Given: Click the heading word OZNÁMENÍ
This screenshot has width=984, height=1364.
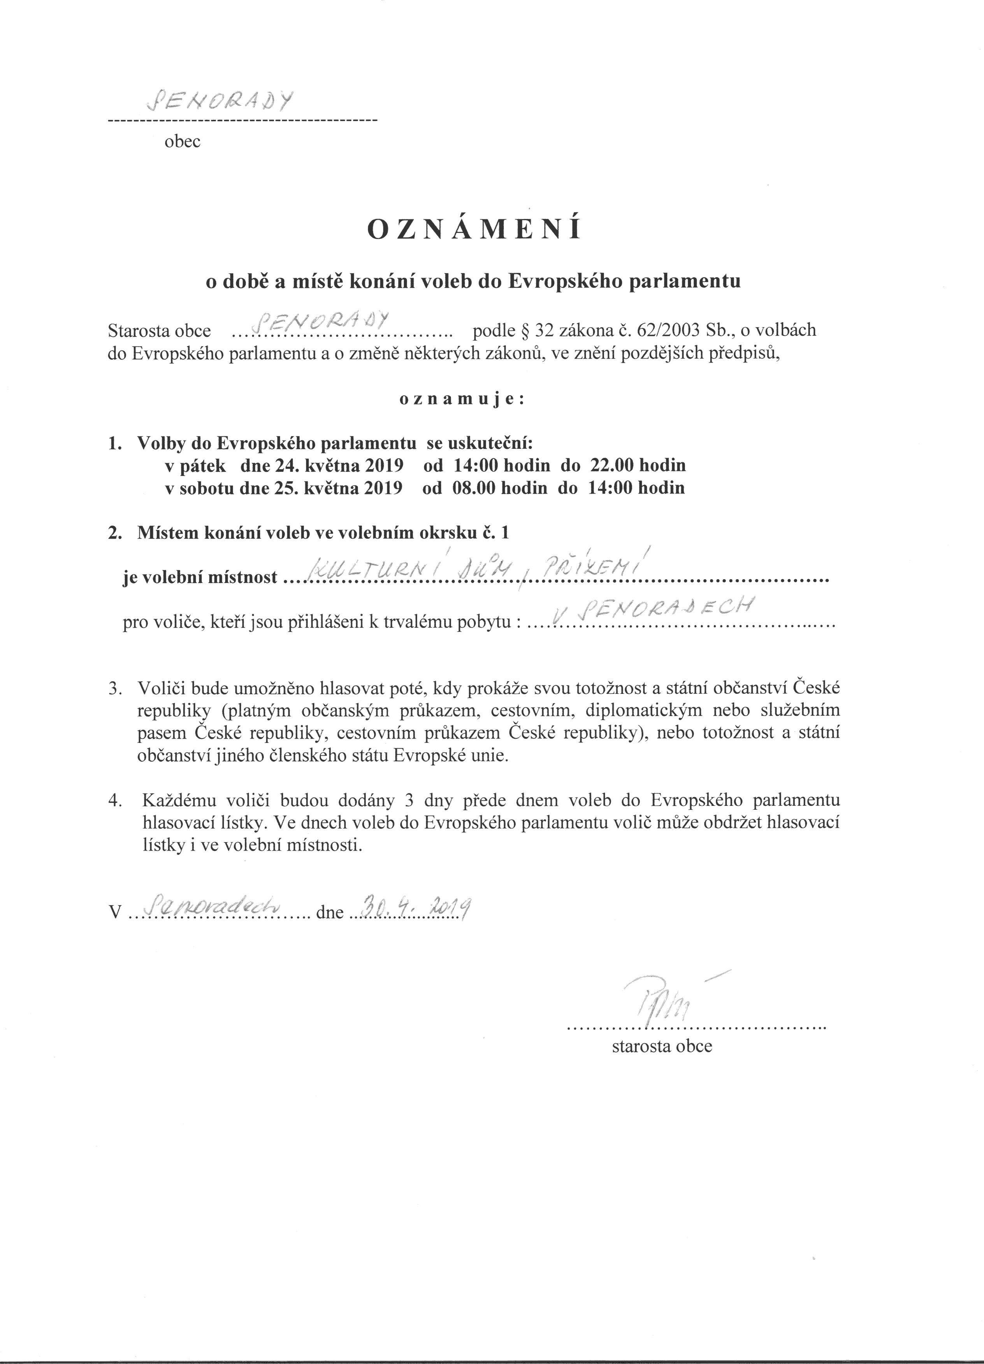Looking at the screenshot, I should click(x=474, y=230).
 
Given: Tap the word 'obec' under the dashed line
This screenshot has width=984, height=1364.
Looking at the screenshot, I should click(x=182, y=142).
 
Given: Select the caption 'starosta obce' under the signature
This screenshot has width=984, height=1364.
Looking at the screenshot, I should click(x=661, y=1047).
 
